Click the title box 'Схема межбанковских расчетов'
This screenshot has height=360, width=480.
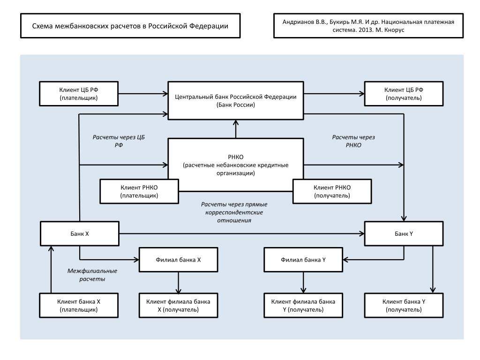coord(130,26)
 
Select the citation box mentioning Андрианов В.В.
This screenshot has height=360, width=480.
coord(368,26)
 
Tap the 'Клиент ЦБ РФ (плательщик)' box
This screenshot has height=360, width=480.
coord(79,94)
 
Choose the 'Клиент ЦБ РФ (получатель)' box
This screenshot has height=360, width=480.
coord(404,94)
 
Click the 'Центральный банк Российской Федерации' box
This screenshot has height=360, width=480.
coord(236,100)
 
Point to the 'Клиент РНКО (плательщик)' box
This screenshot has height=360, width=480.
coord(139,191)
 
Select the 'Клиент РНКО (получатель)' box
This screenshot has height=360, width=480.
coord(332,191)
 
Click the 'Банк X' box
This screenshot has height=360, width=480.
coord(80,233)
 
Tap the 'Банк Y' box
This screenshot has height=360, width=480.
coord(404,233)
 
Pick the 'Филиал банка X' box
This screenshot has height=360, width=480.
coord(179,260)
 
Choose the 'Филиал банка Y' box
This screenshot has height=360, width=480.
coord(303,260)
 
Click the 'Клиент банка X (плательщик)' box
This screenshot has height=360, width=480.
coord(79,306)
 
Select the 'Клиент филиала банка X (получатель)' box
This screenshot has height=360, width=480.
coord(179,306)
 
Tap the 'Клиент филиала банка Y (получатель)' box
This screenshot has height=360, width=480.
coord(303,306)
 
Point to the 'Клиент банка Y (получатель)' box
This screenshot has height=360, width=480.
coord(404,306)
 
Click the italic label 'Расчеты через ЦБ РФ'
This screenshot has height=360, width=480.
coord(119,141)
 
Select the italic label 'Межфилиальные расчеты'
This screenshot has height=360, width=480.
coord(92,275)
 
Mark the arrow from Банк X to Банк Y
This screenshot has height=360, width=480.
coord(242,233)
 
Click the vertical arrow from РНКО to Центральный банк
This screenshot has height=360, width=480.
coord(236,129)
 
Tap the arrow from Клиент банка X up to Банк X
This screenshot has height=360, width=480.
coord(51,270)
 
